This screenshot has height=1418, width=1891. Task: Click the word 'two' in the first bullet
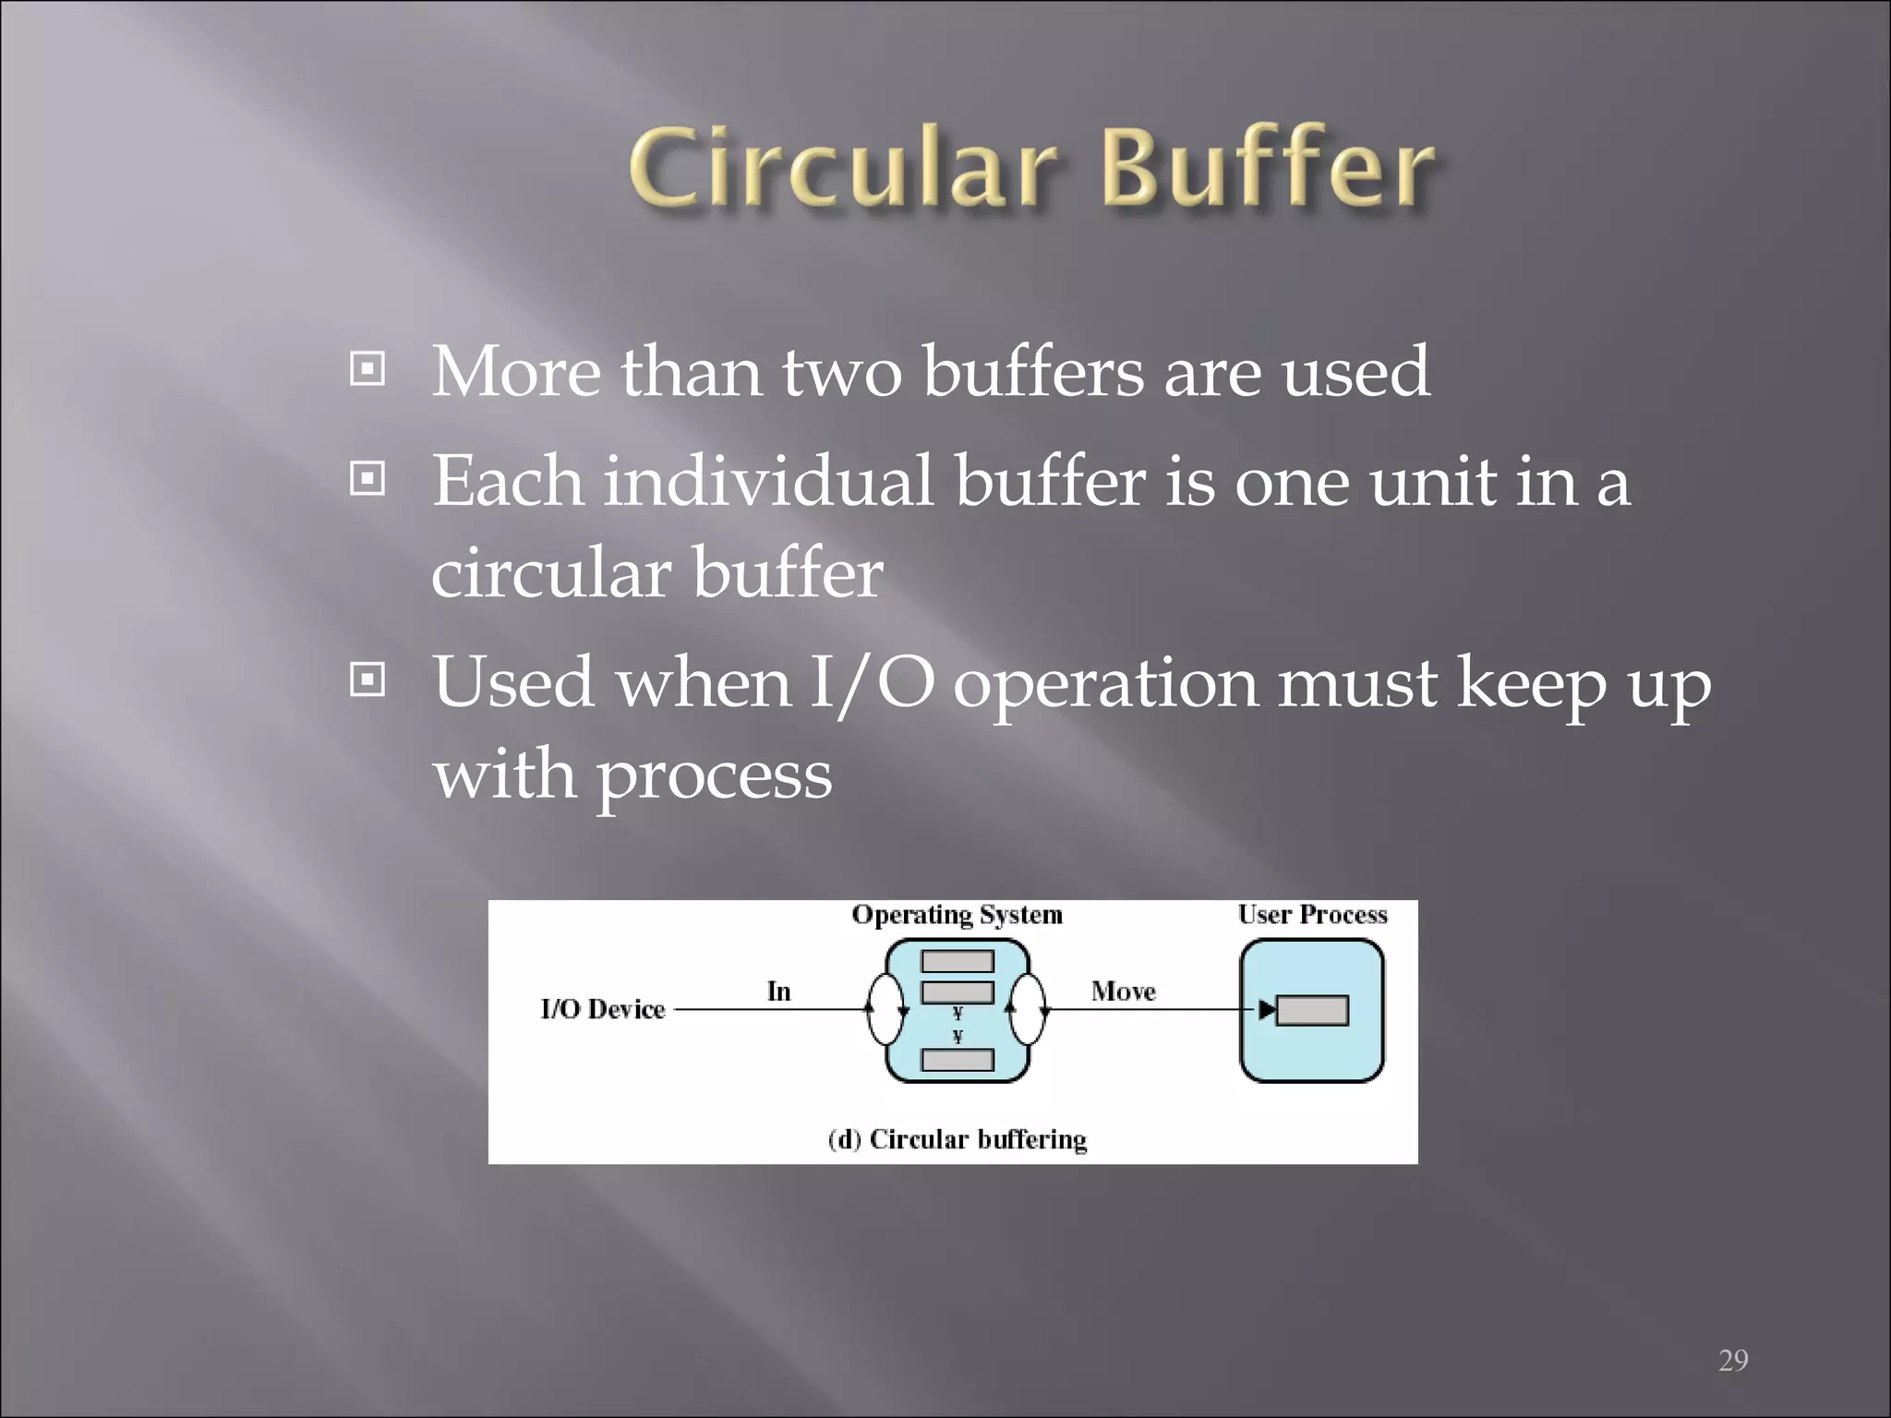coord(841,373)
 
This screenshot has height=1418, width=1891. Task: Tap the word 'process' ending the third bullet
coord(715,775)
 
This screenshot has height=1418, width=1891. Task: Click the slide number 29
coord(1733,1360)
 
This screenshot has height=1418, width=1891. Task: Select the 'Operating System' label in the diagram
coord(957,915)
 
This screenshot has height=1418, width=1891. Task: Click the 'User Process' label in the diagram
coord(1312,915)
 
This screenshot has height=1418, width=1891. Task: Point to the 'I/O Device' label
coord(602,1009)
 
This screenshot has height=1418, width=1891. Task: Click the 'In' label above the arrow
coord(778,991)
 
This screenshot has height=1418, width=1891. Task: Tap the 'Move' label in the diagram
coord(1123,991)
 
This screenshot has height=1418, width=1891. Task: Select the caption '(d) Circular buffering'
coord(957,1139)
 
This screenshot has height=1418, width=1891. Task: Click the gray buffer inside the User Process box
coord(1312,1010)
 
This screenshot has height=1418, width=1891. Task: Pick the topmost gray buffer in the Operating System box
coord(958,961)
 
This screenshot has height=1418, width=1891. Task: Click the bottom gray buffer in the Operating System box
coord(958,1060)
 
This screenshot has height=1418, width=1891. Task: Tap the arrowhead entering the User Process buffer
coord(1267,1010)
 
